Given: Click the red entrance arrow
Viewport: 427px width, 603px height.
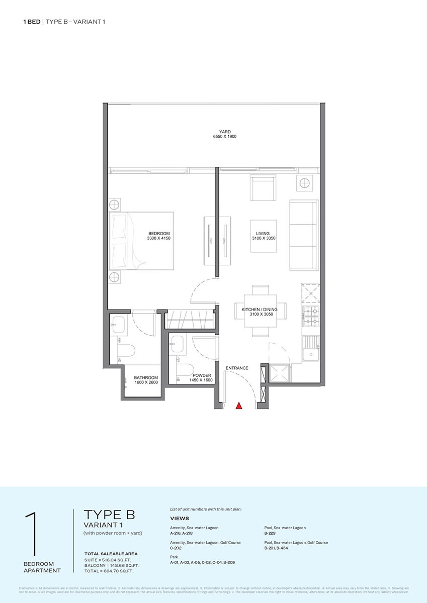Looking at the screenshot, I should point(239,405).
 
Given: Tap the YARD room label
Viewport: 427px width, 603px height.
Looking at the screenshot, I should point(224,131).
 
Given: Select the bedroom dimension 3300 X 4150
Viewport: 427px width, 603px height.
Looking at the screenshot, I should point(158,239).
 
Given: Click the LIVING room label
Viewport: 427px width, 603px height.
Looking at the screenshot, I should point(263,233).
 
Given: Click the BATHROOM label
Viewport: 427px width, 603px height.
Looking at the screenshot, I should point(146,378).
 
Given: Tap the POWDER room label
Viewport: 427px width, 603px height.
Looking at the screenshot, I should point(201,375).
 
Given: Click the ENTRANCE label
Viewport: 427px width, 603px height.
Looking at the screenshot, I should point(237,368).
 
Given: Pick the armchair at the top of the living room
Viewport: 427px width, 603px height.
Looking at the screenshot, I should point(263,188).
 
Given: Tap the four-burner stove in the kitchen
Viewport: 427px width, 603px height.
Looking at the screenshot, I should point(310,316).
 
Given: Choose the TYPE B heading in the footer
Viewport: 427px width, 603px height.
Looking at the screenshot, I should point(109,515).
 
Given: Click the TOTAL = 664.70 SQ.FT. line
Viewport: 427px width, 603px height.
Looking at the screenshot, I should point(109,571).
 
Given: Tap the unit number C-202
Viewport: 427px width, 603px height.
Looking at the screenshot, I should point(176,548).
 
